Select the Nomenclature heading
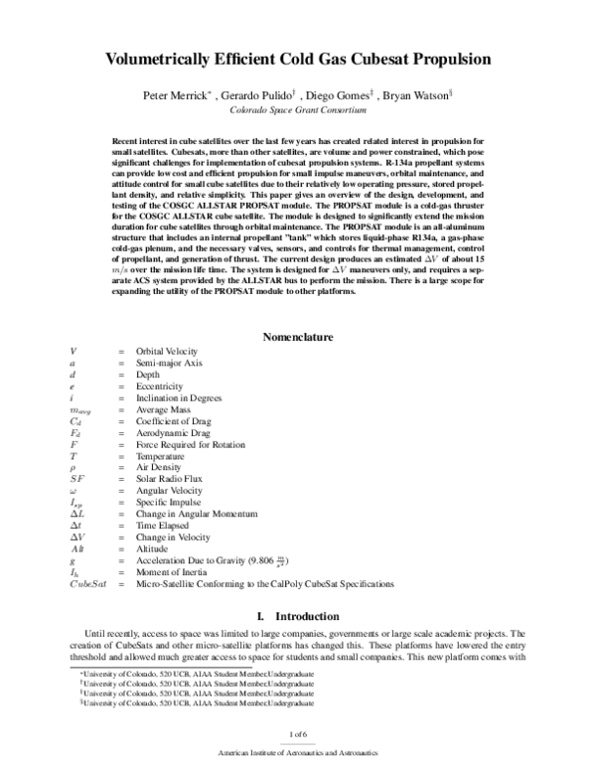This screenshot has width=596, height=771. [x=297, y=338]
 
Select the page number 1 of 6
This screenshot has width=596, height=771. [x=297, y=733]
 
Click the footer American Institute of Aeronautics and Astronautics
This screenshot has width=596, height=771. [x=297, y=755]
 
